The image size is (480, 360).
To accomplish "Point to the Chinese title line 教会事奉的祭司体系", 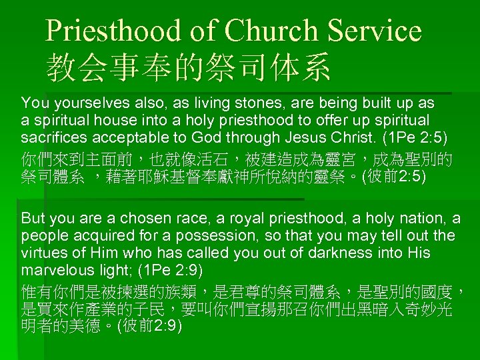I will [188, 67].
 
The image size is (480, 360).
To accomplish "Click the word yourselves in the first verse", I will [87, 103].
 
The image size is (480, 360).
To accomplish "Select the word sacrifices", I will [54, 138].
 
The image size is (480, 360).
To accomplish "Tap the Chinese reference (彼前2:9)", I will [149, 327].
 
